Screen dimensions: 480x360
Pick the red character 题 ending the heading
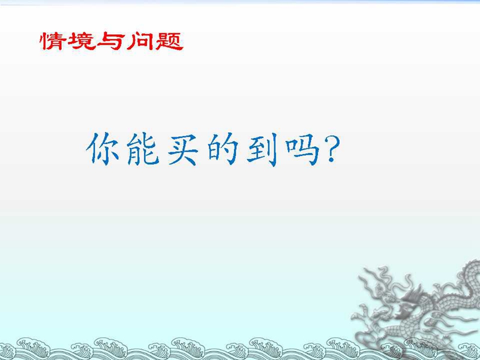point(169,41)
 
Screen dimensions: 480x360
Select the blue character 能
point(143,149)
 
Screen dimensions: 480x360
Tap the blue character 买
point(183,149)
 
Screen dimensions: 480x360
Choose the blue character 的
point(223,149)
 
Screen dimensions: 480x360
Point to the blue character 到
point(262,149)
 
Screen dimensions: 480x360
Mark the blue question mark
point(332,148)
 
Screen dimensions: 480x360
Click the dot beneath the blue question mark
point(331,159)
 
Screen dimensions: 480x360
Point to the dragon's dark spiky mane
point(413,295)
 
